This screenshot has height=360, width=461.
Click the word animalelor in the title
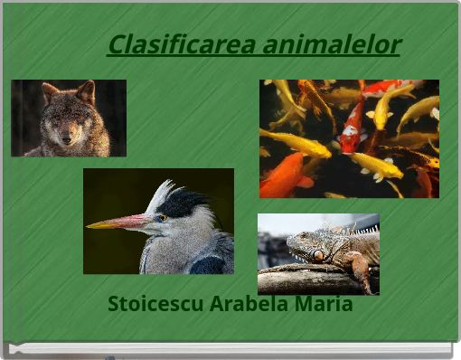(x=330, y=43)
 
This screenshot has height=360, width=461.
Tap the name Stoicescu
(x=155, y=304)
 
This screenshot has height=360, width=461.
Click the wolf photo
(x=69, y=118)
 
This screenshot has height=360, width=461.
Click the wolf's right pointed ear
(x=87, y=91)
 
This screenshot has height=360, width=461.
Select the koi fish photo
(x=349, y=138)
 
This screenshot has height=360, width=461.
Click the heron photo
(x=158, y=221)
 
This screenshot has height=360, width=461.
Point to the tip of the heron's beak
(x=89, y=225)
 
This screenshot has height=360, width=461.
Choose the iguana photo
(x=318, y=254)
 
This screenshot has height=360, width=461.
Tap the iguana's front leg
(x=360, y=270)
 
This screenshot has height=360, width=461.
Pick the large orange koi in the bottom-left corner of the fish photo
(x=283, y=176)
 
